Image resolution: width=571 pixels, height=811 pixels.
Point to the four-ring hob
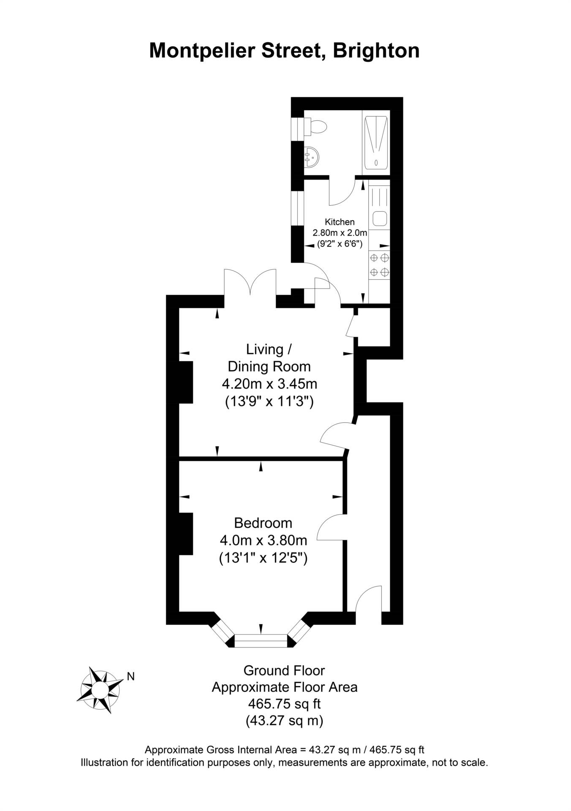point(379,264)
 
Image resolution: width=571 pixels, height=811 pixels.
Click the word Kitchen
point(340,222)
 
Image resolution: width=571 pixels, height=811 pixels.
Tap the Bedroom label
point(263,523)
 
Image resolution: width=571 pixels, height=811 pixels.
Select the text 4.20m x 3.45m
point(269,384)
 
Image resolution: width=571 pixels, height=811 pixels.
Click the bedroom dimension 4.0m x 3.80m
point(263,540)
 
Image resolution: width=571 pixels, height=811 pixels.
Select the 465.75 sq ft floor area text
point(284,704)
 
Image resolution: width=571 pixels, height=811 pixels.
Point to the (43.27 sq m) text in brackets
point(284,721)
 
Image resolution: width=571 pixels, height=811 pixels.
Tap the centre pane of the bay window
point(261,641)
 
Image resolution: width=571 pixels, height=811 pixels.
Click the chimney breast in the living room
point(186,382)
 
